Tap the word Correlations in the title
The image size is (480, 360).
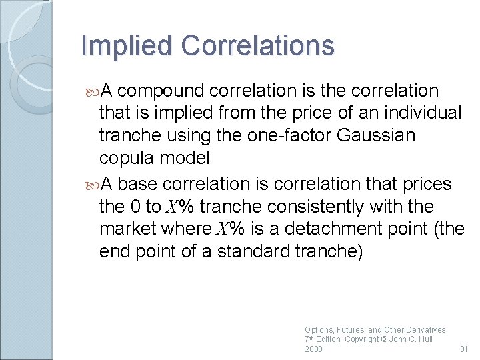click(x=257, y=46)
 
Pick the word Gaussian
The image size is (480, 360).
click(x=376, y=136)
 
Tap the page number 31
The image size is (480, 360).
click(x=465, y=349)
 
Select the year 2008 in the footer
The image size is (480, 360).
click(x=313, y=349)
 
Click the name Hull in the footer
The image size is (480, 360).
click(x=424, y=339)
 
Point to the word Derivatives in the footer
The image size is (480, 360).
click(x=424, y=329)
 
